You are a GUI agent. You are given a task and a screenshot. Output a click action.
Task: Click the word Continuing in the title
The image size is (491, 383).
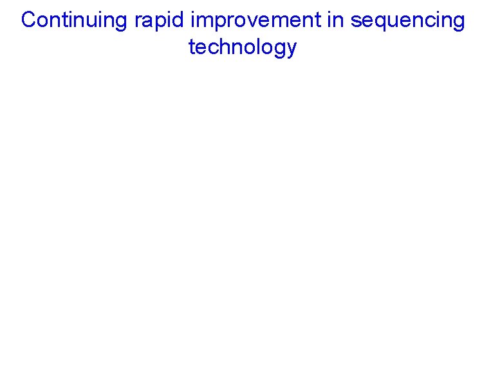[x=75, y=21]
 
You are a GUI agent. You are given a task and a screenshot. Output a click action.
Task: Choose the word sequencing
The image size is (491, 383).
[x=407, y=21]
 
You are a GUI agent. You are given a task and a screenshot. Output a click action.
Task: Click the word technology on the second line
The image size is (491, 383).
[x=243, y=48]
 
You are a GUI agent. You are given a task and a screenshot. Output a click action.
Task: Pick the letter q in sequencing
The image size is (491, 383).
[x=378, y=23]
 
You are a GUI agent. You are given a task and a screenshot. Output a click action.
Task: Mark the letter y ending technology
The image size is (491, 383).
[x=292, y=50]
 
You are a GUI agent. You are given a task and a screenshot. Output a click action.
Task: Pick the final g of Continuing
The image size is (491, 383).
[x=122, y=23]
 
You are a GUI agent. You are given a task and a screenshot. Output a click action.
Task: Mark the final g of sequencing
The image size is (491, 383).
[x=458, y=23]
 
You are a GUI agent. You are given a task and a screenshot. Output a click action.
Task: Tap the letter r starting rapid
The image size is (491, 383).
[x=138, y=22]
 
